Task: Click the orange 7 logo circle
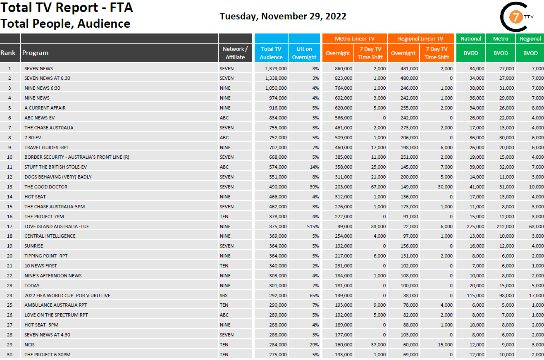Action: [515, 17]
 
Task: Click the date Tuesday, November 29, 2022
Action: [283, 16]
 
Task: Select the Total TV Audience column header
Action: [271, 53]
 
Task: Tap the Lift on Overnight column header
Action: [304, 53]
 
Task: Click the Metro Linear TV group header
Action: [354, 38]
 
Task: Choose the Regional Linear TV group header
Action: [420, 38]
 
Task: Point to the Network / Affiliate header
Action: [235, 53]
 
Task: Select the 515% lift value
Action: [312, 226]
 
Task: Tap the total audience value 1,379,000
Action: [276, 69]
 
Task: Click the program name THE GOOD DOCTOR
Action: [45, 187]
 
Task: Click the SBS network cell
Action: [224, 296]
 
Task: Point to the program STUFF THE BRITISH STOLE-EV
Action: [55, 167]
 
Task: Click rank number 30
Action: [10, 355]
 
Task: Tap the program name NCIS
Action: [30, 345]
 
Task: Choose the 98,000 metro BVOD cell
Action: [506, 296]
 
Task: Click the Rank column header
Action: [8, 53]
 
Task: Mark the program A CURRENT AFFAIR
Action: [45, 108]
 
